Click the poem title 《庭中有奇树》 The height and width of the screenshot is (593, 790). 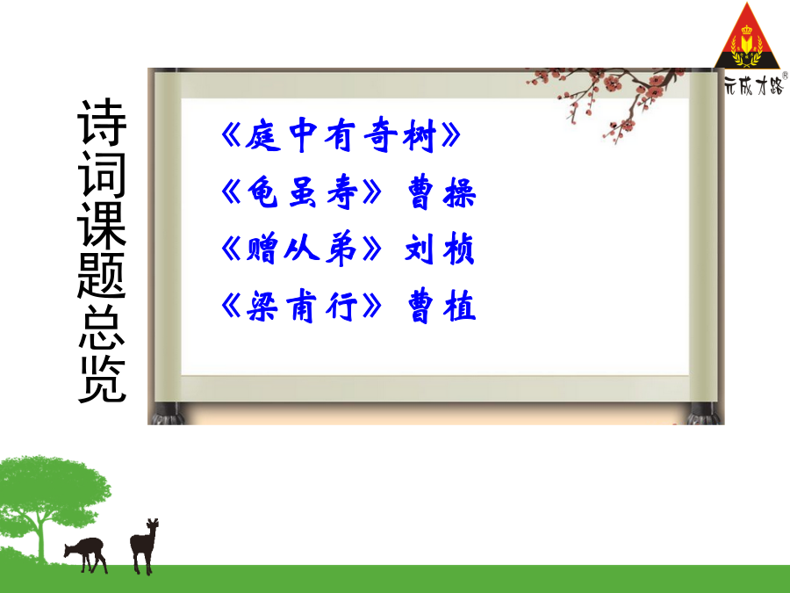tap(341, 135)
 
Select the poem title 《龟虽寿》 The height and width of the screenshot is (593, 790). tap(301, 192)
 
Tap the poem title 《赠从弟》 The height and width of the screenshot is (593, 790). tap(301, 249)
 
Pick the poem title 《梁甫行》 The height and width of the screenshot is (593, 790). tap(301, 306)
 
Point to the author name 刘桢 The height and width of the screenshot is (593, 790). tap(440, 249)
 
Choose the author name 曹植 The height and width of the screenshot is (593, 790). tap(442, 306)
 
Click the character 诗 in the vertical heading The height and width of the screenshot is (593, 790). tap(102, 122)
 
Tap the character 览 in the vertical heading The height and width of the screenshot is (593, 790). tap(102, 380)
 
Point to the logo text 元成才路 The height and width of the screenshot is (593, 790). tap(754, 84)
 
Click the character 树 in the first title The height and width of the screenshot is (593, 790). tap(420, 135)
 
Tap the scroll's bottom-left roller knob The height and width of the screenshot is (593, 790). tap(166, 414)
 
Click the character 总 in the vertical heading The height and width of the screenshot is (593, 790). tap(102, 328)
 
